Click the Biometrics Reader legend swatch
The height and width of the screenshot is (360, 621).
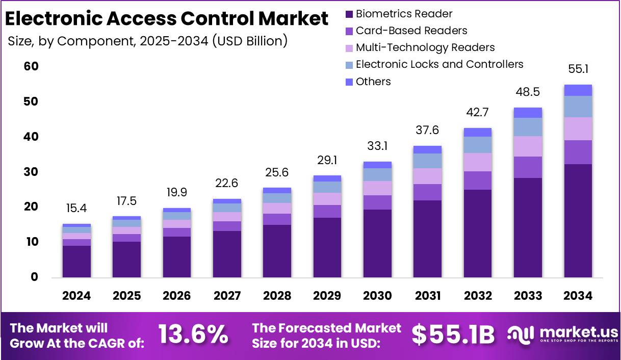coord(349,14)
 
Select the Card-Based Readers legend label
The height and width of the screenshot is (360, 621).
coord(411,31)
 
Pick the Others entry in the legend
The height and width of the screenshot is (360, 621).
coord(373,82)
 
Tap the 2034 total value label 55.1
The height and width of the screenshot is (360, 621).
coord(578,69)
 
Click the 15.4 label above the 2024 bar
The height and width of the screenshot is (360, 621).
coord(76,208)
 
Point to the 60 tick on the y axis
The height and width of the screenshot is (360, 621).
coord(31,67)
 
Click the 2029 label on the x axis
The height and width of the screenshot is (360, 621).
coord(327,296)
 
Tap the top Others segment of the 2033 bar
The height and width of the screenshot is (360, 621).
coord(528,113)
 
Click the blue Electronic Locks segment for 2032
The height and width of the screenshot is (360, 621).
coord(478,145)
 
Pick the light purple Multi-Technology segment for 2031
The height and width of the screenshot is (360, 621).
coord(427,176)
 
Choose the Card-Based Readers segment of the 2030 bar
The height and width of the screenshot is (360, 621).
coord(377,202)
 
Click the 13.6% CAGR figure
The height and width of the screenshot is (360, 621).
coord(193,335)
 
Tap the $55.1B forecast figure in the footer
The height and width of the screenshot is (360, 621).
coord(453,335)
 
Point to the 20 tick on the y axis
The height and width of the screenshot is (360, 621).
coord(31,207)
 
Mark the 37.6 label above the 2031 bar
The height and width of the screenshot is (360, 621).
coord(427,130)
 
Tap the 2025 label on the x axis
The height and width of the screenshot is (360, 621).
coord(126,296)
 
